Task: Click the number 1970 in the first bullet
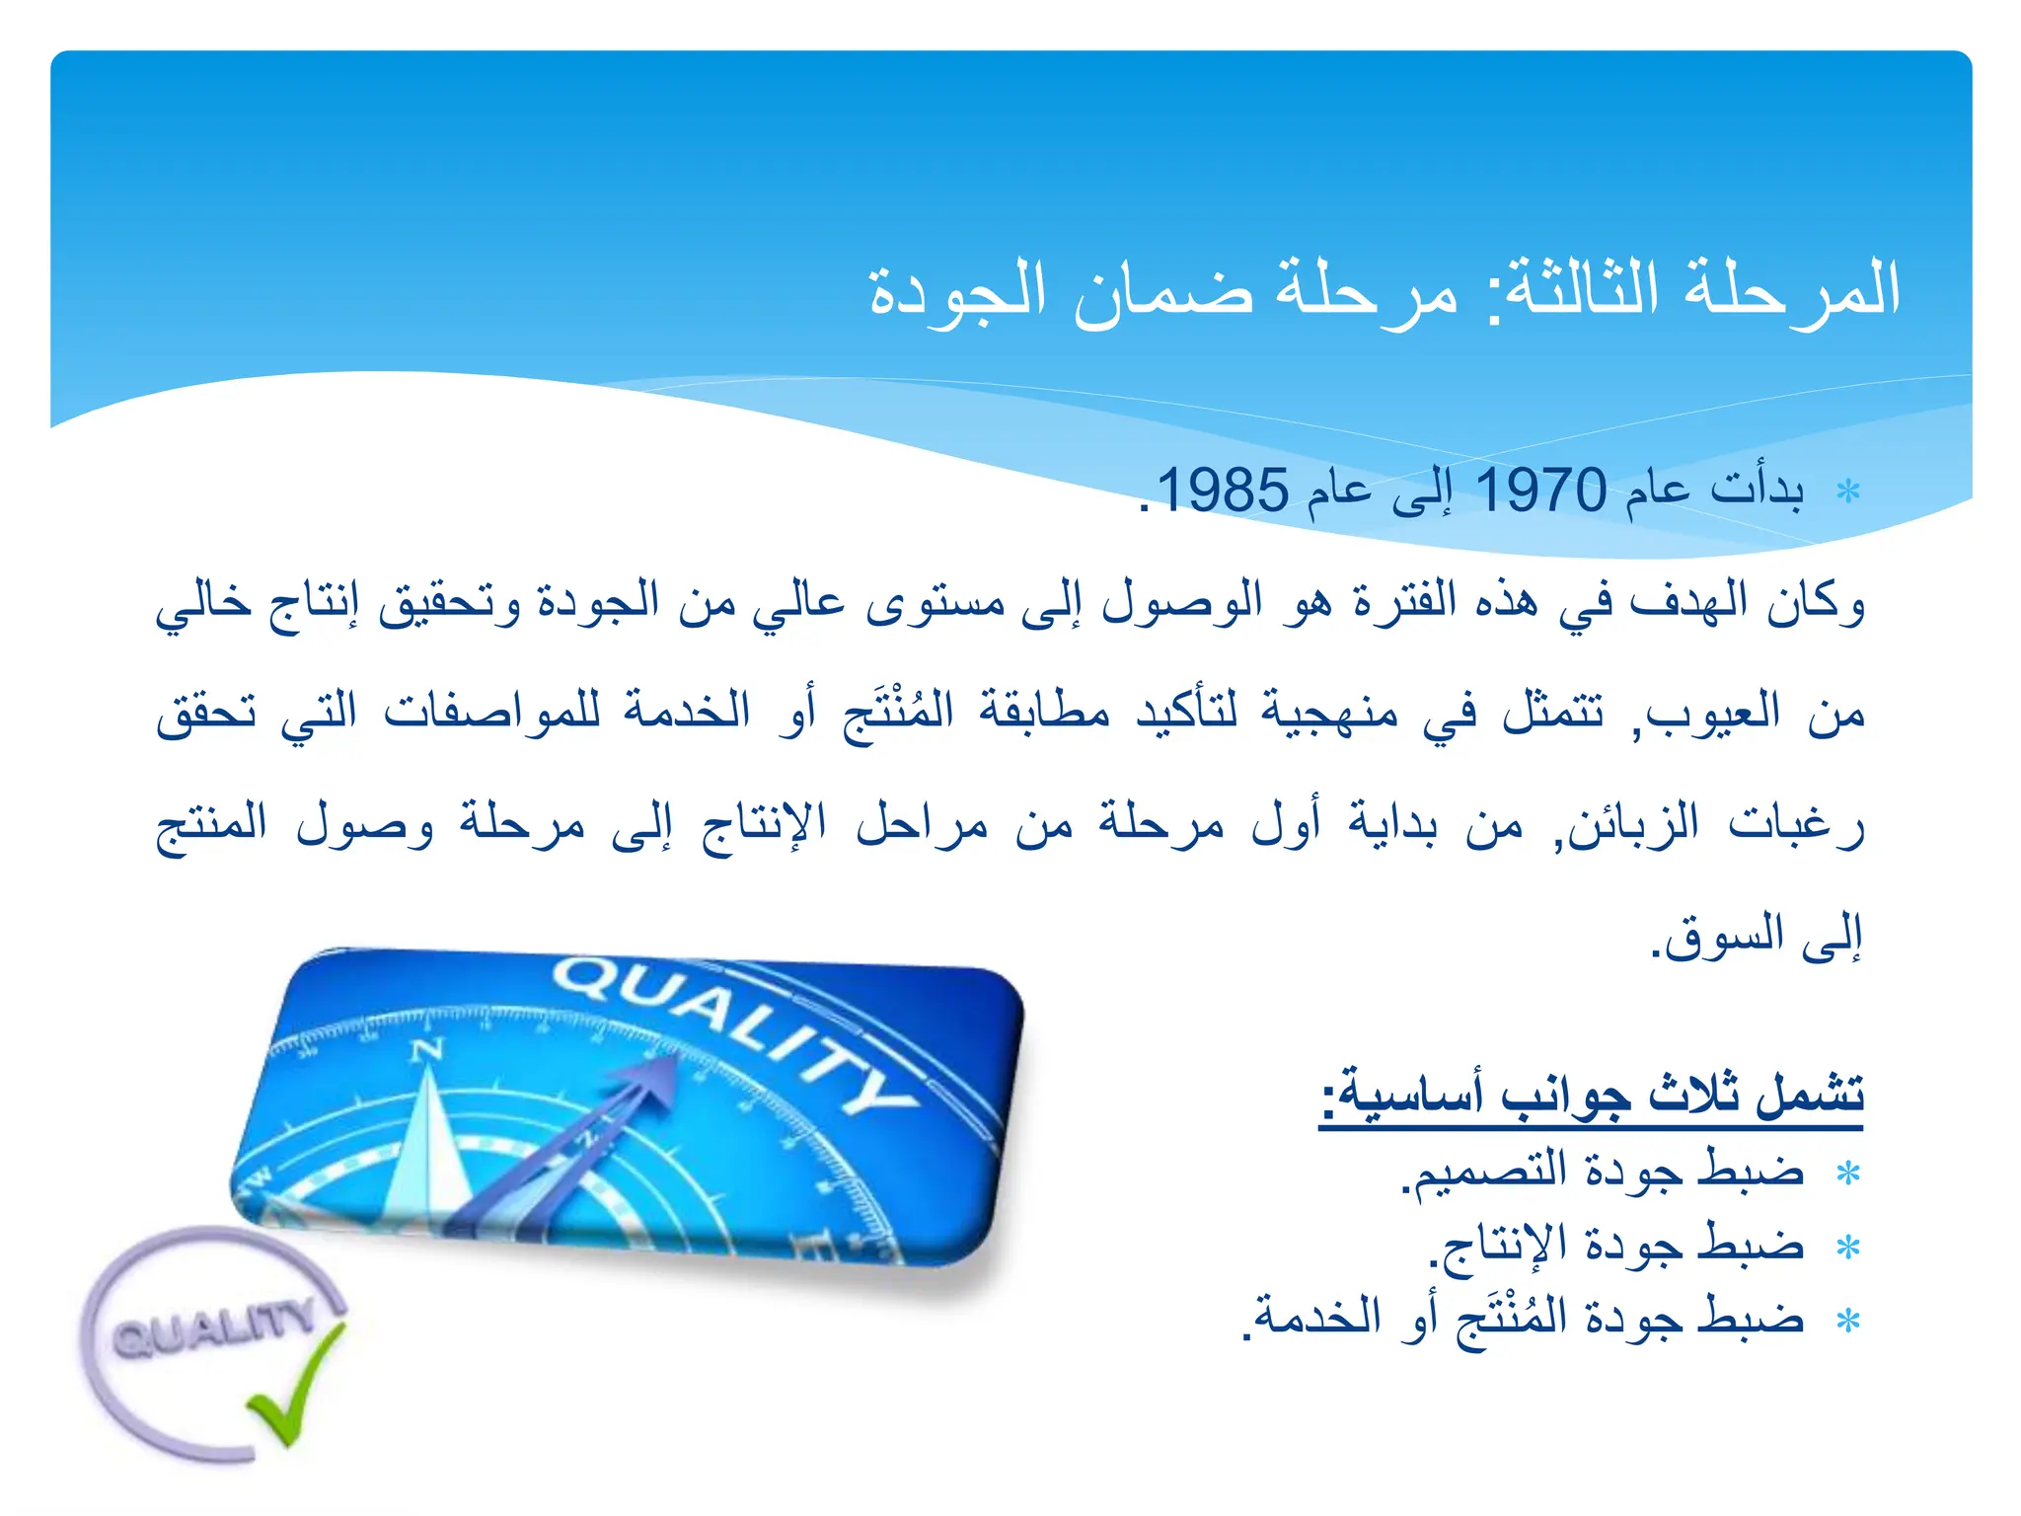click(1540, 491)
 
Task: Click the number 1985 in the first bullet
click(1222, 491)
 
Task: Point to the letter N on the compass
click(426, 1050)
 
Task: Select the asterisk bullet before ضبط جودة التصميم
click(1847, 1174)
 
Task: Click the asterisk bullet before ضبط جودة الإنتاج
click(1847, 1248)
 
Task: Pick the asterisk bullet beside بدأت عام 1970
click(1847, 492)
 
